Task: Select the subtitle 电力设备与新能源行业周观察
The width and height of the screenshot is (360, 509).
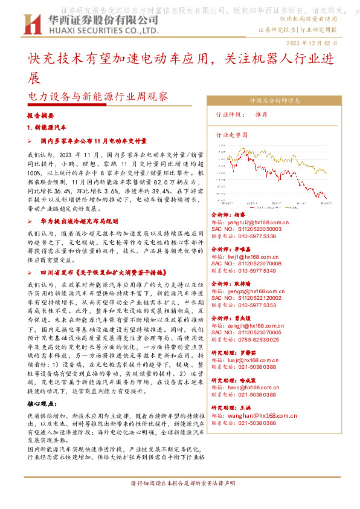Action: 98,96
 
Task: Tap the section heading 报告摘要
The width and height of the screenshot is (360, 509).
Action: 41,114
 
